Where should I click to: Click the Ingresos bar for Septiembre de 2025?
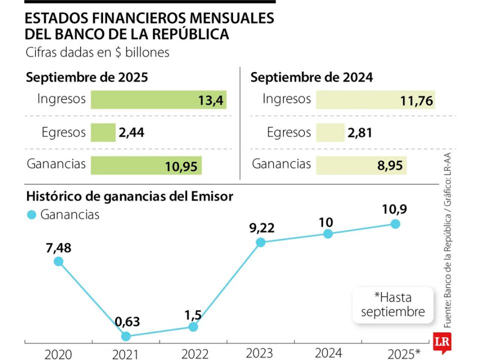pyautogui.click(x=158, y=100)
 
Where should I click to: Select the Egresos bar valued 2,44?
pyautogui.click(x=103, y=132)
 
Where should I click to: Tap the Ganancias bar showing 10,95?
pyautogui.click(x=146, y=165)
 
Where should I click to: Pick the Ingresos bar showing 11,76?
pyautogui.click(x=375, y=100)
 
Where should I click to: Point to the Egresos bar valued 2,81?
pyautogui.click(x=330, y=132)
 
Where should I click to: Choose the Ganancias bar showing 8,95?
pyautogui.click(x=361, y=165)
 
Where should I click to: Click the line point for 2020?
pyautogui.click(x=58, y=261)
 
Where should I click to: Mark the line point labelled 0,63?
pyautogui.click(x=126, y=336)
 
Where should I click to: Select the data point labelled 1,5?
pyautogui.click(x=193, y=326)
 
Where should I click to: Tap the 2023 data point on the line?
pyautogui.click(x=260, y=242)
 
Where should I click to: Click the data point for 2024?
pyautogui.click(x=328, y=233)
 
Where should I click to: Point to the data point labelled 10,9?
pyautogui.click(x=395, y=223)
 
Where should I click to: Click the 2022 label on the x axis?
pyautogui.click(x=194, y=354)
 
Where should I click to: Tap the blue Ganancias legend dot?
pyautogui.click(x=31, y=215)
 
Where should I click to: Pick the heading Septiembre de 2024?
pyautogui.click(x=311, y=77)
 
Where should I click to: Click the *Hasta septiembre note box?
pyautogui.click(x=392, y=304)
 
